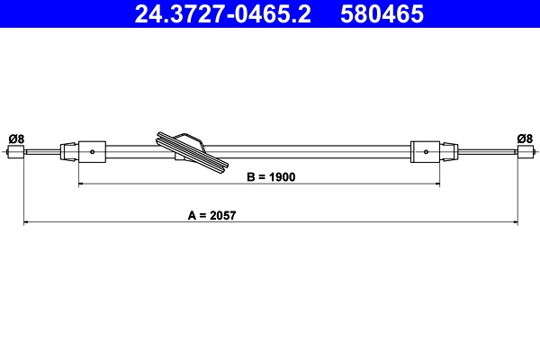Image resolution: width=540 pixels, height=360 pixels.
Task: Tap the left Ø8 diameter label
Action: [x=16, y=138]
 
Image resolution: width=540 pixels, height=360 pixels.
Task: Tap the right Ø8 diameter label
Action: [x=525, y=138]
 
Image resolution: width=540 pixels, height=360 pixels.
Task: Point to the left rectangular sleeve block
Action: [x=94, y=151]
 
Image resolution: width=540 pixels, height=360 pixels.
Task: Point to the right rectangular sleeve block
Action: [x=426, y=151]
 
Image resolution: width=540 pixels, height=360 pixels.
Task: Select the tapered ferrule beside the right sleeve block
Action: [x=448, y=151]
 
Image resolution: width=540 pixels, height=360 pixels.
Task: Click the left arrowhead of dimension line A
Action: [x=26, y=221]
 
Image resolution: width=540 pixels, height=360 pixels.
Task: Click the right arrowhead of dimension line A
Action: [x=515, y=221]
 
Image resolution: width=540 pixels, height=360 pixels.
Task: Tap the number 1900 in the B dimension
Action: [x=282, y=177]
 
